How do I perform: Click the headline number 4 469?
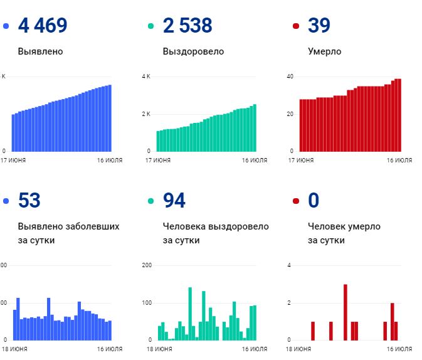point(43,26)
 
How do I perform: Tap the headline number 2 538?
point(187,26)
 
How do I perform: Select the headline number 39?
point(319,26)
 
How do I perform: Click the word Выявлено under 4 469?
point(40,51)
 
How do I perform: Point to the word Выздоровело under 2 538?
point(193,51)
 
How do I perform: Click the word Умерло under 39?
point(325,51)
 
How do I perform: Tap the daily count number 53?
point(29,200)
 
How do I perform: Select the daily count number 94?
point(174,200)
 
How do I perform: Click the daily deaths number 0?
point(314,200)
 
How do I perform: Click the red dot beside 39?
point(296,26)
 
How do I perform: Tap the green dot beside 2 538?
point(150,26)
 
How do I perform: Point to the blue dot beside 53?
point(6,201)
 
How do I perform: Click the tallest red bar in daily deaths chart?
point(346,312)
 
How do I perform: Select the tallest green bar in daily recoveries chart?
point(190,314)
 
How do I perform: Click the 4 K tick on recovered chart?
point(146,77)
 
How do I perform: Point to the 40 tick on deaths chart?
point(290,77)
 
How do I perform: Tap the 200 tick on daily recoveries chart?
point(147,265)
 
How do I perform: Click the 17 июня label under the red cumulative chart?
point(301,160)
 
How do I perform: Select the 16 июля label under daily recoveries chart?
point(255,349)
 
